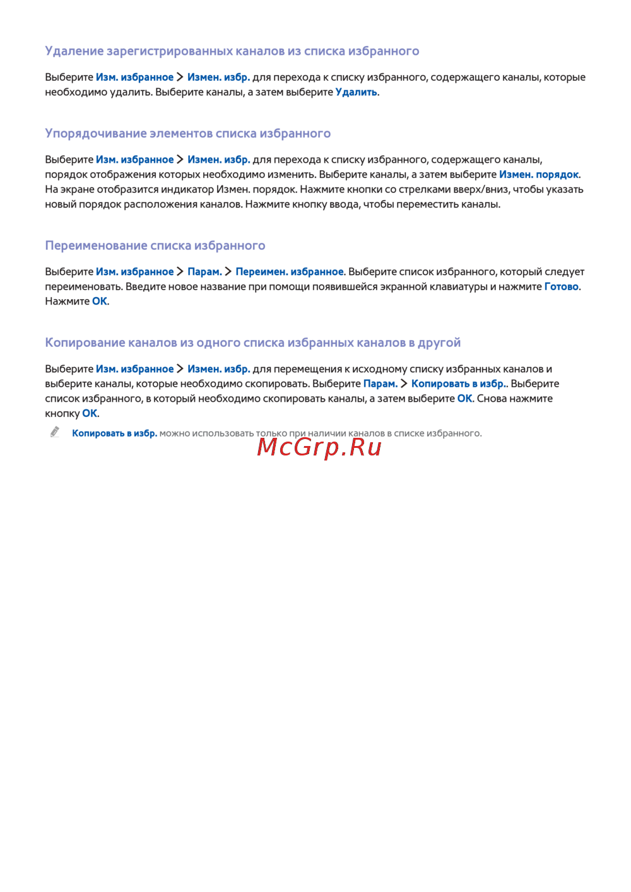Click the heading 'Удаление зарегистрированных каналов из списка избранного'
232,51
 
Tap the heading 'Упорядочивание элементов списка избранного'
187,133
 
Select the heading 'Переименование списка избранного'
155,245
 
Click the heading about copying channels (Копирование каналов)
252,343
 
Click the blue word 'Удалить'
356,92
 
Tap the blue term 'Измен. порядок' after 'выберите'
539,175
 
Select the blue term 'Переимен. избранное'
289,272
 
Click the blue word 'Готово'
561,286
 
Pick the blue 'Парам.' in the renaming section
204,272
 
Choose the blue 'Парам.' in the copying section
380,384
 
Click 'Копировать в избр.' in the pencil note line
114,433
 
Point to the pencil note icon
56,432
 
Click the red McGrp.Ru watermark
319,447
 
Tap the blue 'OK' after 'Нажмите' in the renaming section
100,302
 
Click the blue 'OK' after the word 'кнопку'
90,414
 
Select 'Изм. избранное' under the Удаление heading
134,78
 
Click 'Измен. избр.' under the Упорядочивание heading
218,160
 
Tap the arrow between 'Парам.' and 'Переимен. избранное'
228,272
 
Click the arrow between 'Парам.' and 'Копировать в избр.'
404,384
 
